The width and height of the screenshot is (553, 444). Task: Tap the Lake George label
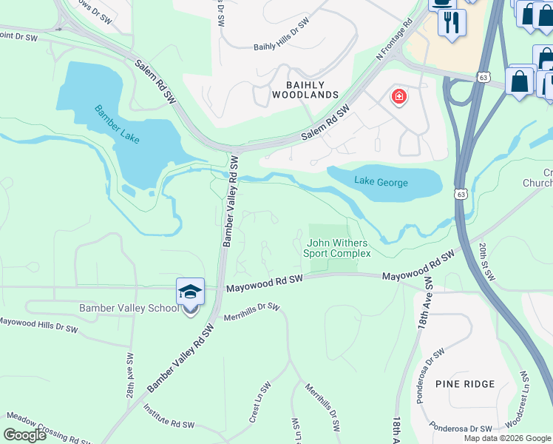[x=381, y=182]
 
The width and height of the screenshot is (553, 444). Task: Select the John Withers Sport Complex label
[x=337, y=248]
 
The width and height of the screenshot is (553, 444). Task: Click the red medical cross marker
[x=398, y=97]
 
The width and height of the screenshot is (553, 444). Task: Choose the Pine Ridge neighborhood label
[x=465, y=384]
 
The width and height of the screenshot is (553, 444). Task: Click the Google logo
[x=24, y=435]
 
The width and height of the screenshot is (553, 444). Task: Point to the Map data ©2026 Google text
[x=507, y=438]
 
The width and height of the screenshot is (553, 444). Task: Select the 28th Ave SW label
[x=129, y=375]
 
